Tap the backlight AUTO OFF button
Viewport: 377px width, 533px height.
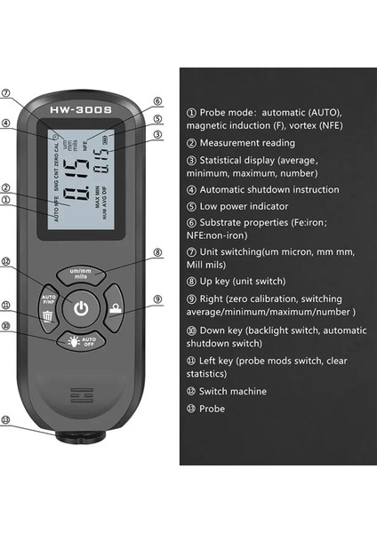(x=81, y=341)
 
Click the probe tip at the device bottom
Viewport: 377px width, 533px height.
(x=82, y=437)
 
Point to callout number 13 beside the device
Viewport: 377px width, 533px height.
(x=6, y=420)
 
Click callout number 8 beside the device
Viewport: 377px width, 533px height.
(x=157, y=252)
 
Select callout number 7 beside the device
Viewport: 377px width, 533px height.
(x=6, y=92)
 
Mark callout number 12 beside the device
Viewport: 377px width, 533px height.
(x=6, y=261)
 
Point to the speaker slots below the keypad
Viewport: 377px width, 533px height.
(x=81, y=391)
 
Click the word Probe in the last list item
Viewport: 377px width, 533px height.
(x=213, y=409)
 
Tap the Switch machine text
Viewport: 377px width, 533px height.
(x=233, y=391)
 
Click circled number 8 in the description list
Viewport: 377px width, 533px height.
(x=192, y=280)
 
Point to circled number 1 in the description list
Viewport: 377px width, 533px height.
(x=192, y=113)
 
